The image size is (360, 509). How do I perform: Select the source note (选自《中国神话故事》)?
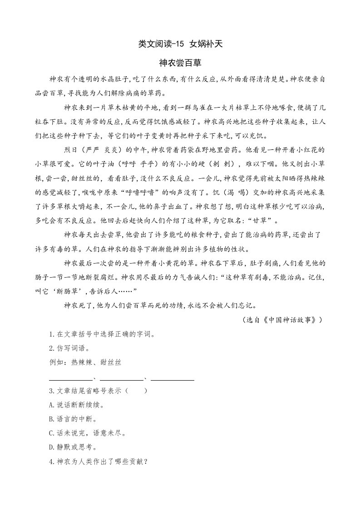283,319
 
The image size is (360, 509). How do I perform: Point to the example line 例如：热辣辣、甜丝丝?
85,362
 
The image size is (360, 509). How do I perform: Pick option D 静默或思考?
73,447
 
